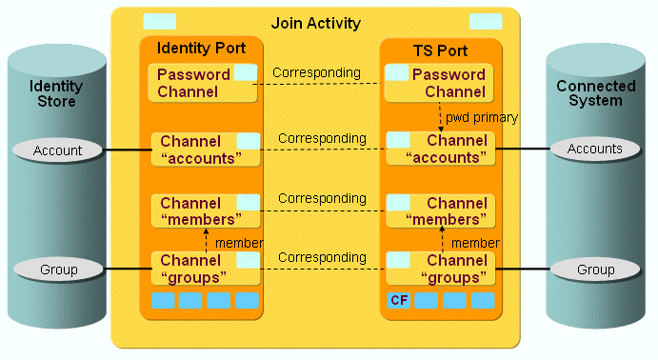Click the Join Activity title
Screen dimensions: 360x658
[x=315, y=22]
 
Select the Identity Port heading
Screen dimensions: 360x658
[x=201, y=48]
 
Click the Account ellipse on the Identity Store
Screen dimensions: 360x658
[x=58, y=150]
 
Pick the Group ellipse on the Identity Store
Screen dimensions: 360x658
[x=58, y=270]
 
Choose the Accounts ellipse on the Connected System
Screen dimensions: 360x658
[x=595, y=149]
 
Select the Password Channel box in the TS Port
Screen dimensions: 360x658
[x=438, y=83]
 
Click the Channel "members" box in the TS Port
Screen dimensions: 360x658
[x=438, y=211]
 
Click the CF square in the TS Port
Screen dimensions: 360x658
[x=399, y=301]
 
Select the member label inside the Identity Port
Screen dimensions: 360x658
[x=238, y=243]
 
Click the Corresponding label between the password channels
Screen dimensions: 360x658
[x=316, y=72]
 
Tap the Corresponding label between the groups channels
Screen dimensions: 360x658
[x=322, y=257]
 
